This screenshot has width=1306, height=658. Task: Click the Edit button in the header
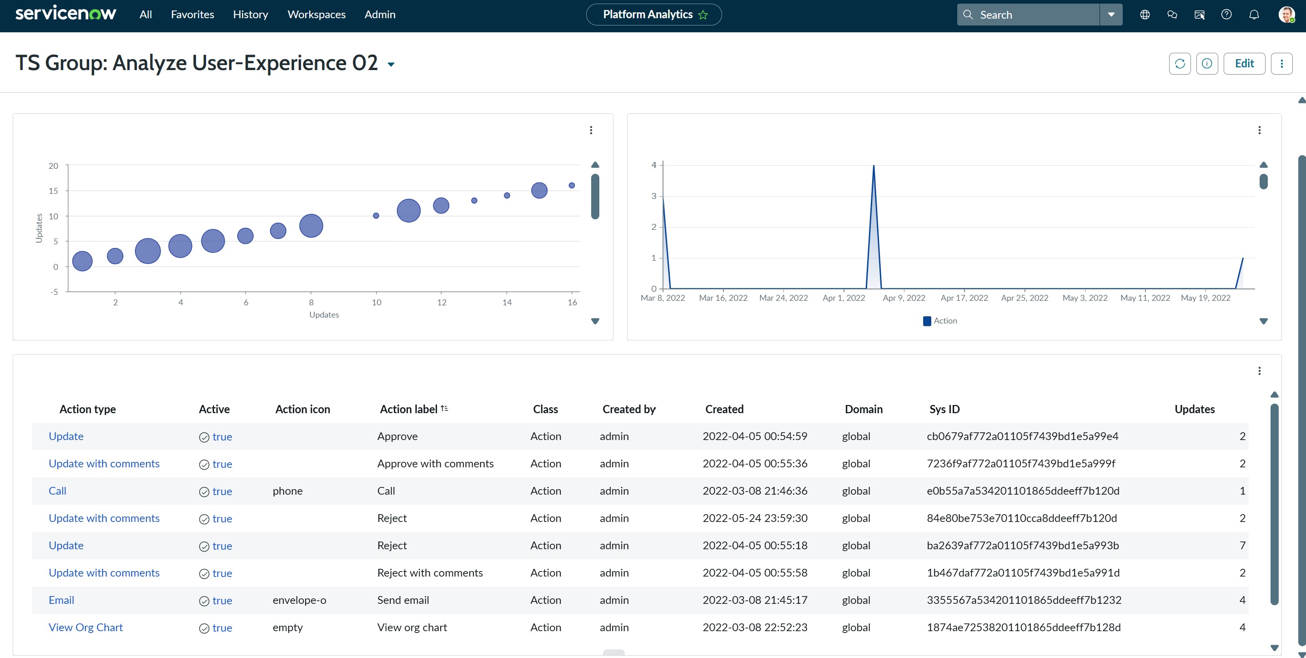pyautogui.click(x=1244, y=63)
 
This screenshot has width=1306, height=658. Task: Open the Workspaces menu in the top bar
pyautogui.click(x=316, y=15)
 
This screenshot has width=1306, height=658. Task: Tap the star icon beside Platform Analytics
pyautogui.click(x=703, y=15)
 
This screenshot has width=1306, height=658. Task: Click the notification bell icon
pyautogui.click(x=1254, y=15)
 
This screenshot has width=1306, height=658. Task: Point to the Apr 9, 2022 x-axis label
pyautogui.click(x=904, y=298)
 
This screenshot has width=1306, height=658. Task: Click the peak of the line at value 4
pyautogui.click(x=874, y=165)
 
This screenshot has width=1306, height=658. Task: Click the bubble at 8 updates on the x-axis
pyautogui.click(x=311, y=226)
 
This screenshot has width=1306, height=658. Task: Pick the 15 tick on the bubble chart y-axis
pyautogui.click(x=53, y=191)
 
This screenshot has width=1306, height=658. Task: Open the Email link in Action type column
pyautogui.click(x=61, y=600)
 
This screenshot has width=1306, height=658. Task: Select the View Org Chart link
pyautogui.click(x=85, y=628)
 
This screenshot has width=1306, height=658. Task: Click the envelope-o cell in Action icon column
pyautogui.click(x=299, y=600)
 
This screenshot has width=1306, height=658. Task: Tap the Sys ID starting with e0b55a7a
pyautogui.click(x=1023, y=491)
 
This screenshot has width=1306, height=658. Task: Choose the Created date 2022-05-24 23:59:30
pyautogui.click(x=755, y=518)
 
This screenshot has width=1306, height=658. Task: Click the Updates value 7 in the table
pyautogui.click(x=1242, y=545)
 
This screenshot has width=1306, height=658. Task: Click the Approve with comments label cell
pyautogui.click(x=435, y=464)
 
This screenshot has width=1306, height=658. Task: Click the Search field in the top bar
pyautogui.click(x=1028, y=15)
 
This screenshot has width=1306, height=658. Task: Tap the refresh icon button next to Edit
pyautogui.click(x=1180, y=63)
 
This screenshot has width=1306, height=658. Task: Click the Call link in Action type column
pyautogui.click(x=57, y=491)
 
